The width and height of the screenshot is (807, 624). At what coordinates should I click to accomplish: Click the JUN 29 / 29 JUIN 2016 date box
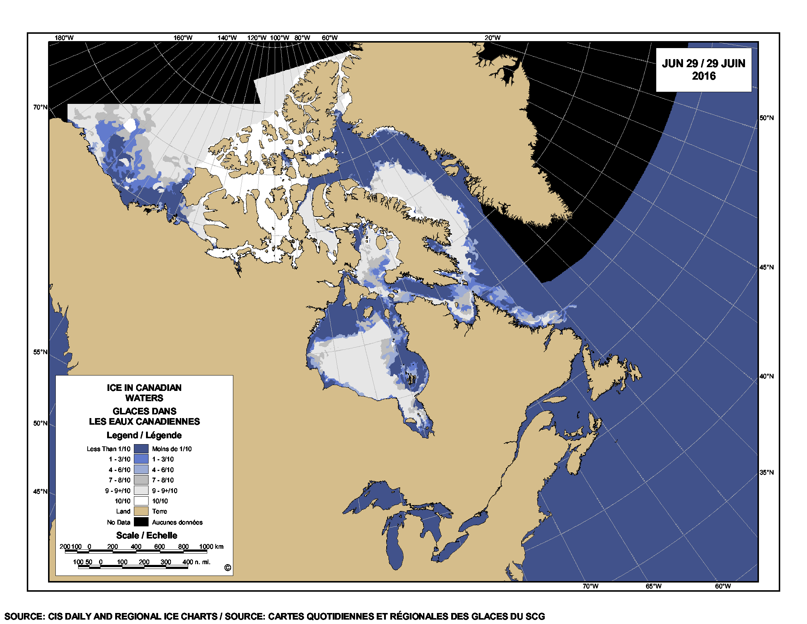[703, 69]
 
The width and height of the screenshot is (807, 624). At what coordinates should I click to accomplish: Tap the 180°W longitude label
[64, 38]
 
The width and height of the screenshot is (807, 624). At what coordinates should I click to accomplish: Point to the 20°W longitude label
[493, 38]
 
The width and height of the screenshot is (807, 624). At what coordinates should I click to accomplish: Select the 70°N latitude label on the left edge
[40, 107]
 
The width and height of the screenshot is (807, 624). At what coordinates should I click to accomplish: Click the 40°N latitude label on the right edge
[767, 376]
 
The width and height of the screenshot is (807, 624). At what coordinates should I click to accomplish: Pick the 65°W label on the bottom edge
[653, 586]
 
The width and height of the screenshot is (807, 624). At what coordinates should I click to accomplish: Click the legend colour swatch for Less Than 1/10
[141, 449]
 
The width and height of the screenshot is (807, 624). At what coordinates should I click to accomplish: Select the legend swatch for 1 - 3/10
[141, 459]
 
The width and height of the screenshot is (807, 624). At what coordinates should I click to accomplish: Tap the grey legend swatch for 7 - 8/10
[141, 480]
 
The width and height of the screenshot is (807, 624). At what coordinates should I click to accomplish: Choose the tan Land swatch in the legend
[141, 511]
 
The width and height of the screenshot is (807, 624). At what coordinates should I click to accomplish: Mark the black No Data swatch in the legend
[141, 522]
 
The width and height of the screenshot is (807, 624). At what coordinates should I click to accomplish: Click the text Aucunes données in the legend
[177, 522]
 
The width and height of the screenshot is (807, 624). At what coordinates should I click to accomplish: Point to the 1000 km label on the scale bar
[211, 547]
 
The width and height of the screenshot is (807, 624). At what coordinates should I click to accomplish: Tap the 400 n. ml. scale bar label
[196, 562]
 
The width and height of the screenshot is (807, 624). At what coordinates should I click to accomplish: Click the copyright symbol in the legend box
[228, 568]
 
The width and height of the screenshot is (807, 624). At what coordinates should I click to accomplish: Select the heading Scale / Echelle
[147, 535]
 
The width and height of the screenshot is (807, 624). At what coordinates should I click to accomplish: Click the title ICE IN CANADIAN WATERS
[144, 393]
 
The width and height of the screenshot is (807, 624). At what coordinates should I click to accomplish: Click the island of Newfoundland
[610, 373]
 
